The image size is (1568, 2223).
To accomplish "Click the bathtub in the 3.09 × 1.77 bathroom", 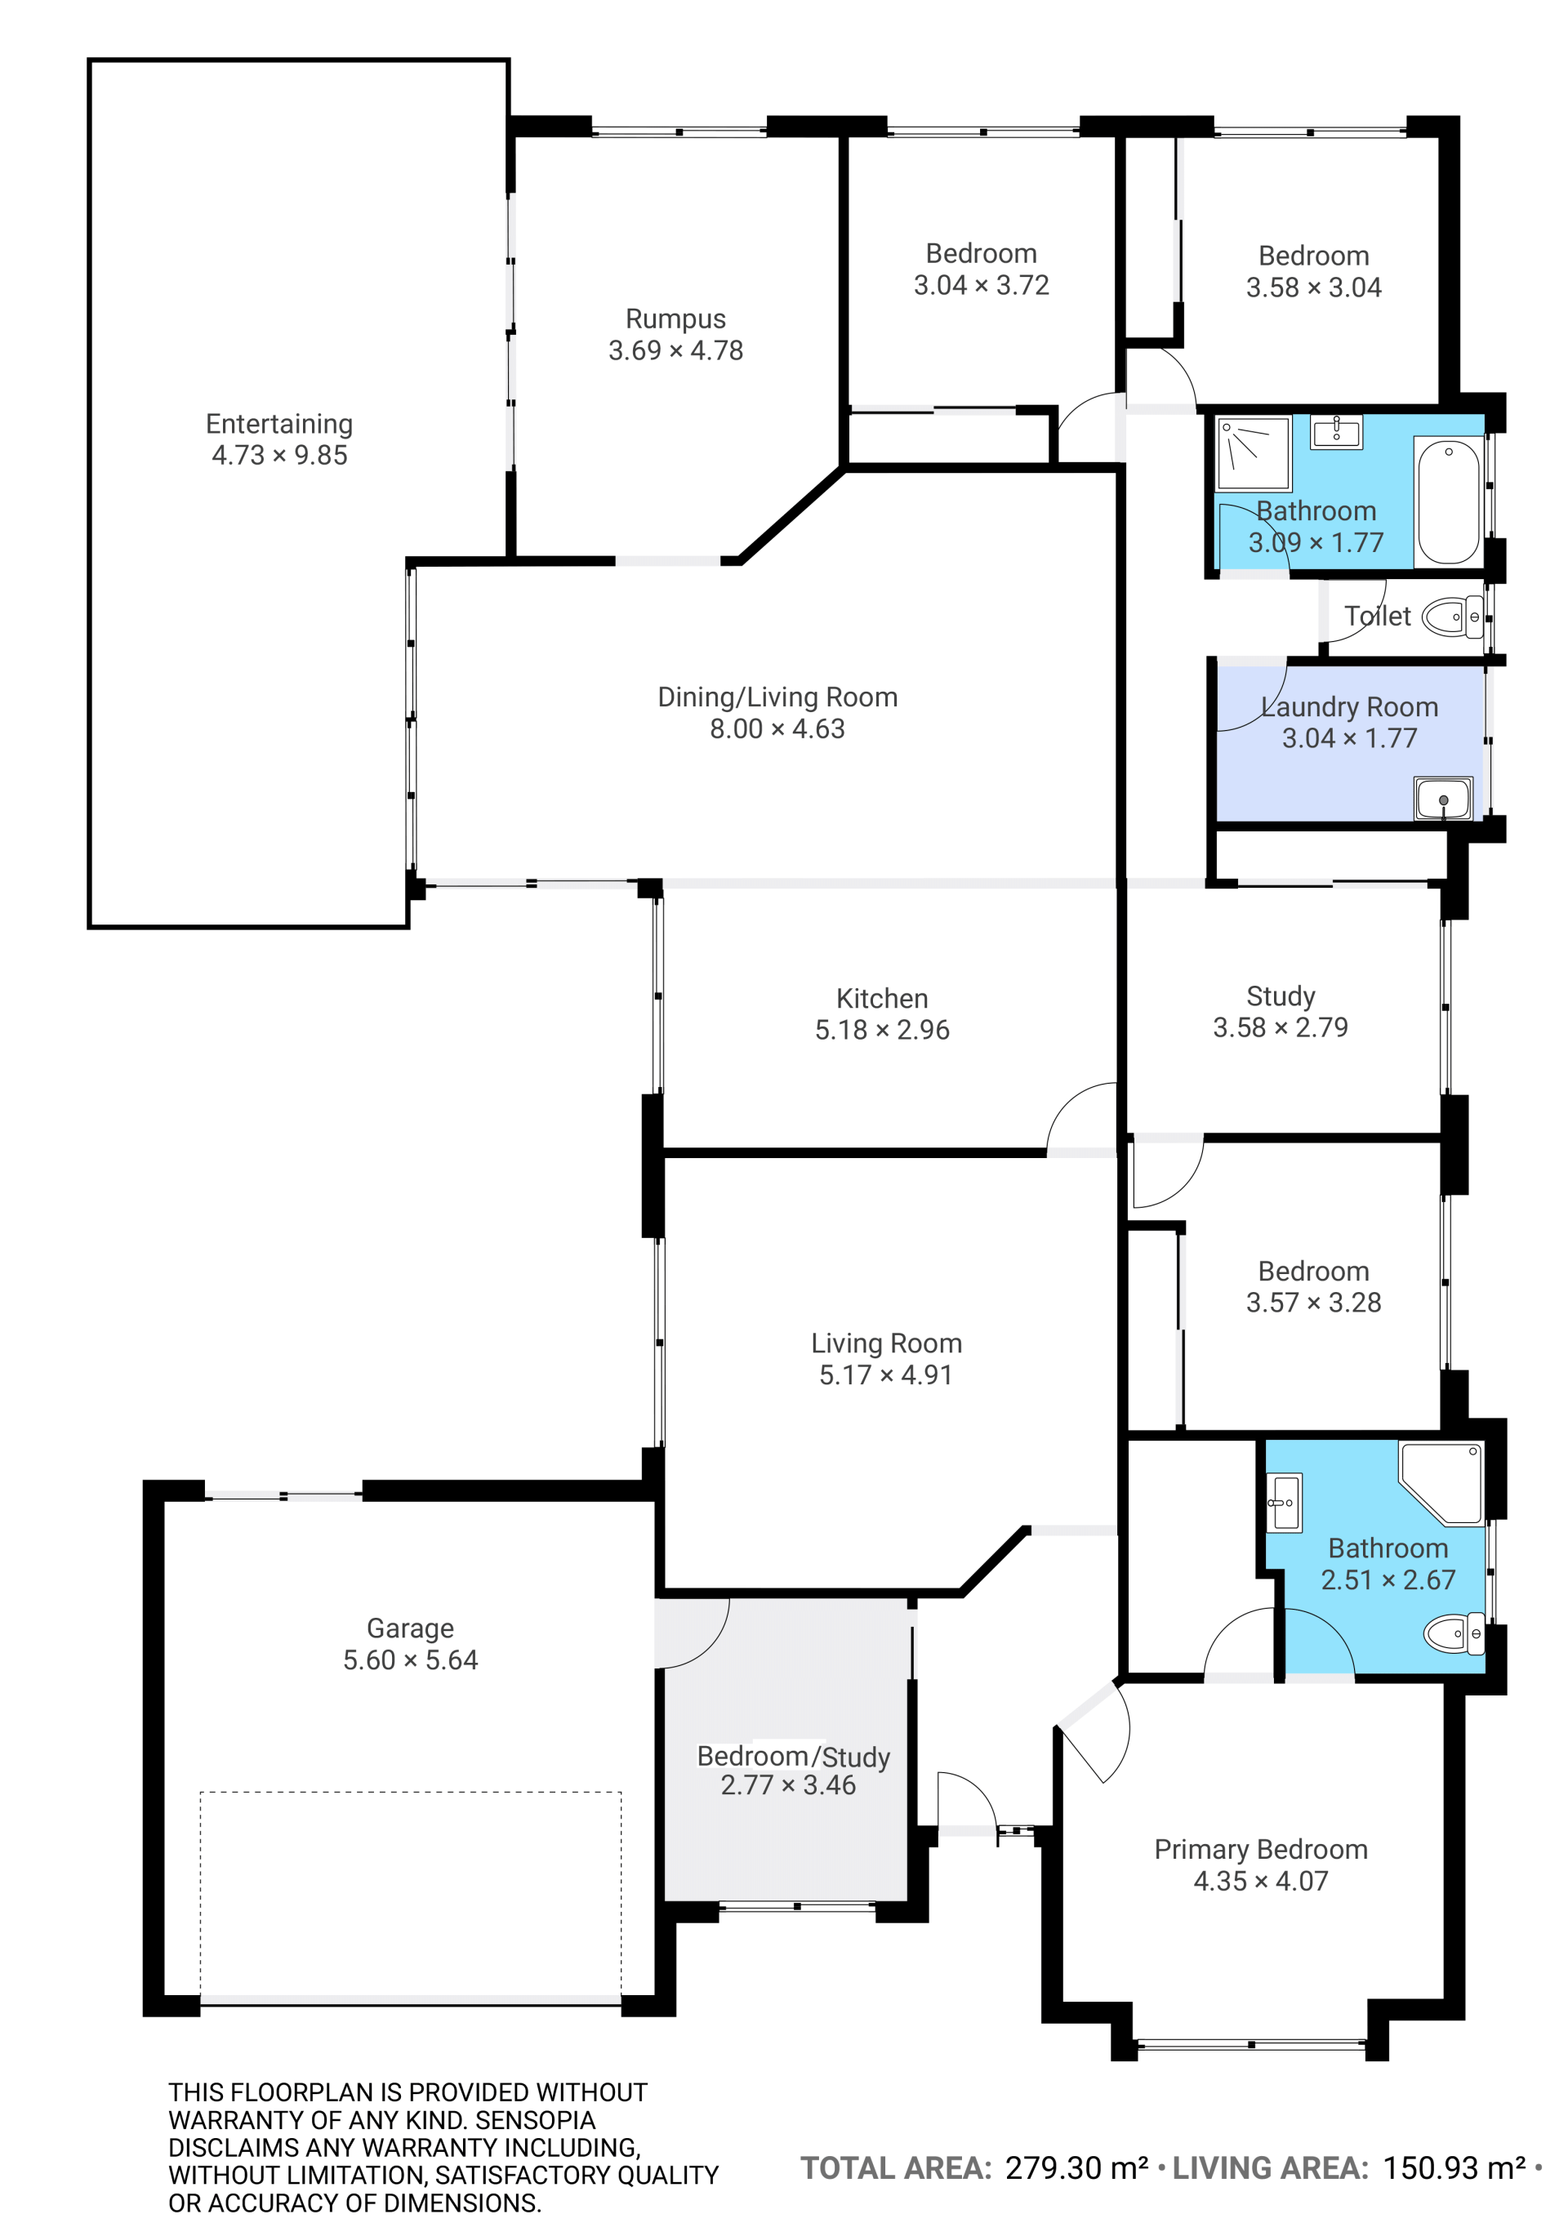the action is pyautogui.click(x=1448, y=501).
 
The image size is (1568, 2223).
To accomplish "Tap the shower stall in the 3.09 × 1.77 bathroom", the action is pyautogui.click(x=1254, y=453).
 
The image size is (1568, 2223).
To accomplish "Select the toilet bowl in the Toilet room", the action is pyautogui.click(x=1451, y=617).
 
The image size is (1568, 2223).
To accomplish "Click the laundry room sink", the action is pyautogui.click(x=1442, y=799).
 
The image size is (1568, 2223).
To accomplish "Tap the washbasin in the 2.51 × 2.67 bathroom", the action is pyautogui.click(x=1285, y=1502).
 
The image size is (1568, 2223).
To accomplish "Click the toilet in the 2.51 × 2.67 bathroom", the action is pyautogui.click(x=1454, y=1634).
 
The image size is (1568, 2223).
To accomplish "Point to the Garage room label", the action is pyautogui.click(x=411, y=1628).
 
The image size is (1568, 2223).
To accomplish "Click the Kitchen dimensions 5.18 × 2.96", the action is pyautogui.click(x=882, y=1030).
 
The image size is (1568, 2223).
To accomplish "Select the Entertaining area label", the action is pyautogui.click(x=278, y=424).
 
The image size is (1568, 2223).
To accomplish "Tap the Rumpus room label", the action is pyautogui.click(x=675, y=319).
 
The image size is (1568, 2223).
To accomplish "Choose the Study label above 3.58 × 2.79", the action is pyautogui.click(x=1281, y=996).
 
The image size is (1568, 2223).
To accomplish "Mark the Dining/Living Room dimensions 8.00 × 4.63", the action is pyautogui.click(x=777, y=729).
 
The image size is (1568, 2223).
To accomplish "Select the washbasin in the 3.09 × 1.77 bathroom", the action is pyautogui.click(x=1336, y=432).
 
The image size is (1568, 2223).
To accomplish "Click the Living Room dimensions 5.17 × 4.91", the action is pyautogui.click(x=885, y=1374).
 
